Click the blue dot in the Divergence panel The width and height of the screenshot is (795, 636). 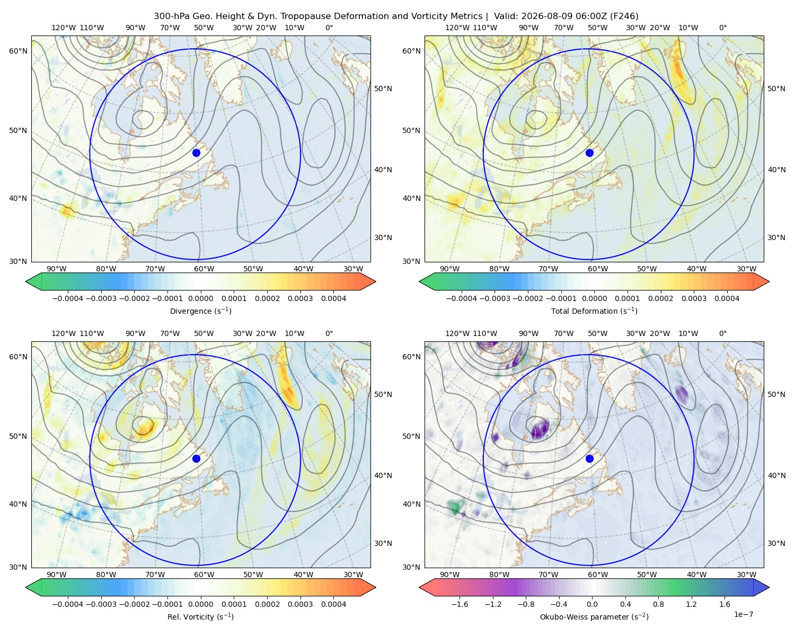pyautogui.click(x=196, y=153)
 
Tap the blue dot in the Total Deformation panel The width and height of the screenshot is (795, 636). pyautogui.click(x=589, y=153)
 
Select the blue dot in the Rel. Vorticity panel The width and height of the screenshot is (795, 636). pyautogui.click(x=196, y=458)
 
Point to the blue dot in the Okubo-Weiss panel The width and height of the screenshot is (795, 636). pyautogui.click(x=589, y=458)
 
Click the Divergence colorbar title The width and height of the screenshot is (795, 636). pyautogui.click(x=200, y=311)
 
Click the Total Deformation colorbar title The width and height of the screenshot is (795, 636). pyautogui.click(x=594, y=311)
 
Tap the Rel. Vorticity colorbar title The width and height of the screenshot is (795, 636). pyautogui.click(x=200, y=616)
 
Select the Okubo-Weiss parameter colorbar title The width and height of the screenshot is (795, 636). pyautogui.click(x=594, y=616)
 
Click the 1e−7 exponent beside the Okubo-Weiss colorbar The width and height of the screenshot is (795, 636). pyautogui.click(x=743, y=614)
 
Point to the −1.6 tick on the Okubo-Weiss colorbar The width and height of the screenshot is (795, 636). pyautogui.click(x=460, y=604)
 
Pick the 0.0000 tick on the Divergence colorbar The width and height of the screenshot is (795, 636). pyautogui.click(x=200, y=298)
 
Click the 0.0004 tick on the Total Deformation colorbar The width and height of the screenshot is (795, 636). pyautogui.click(x=727, y=298)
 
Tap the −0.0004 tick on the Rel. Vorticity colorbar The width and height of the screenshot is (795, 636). pyautogui.click(x=68, y=604)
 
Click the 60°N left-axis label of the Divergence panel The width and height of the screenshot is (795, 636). pyautogui.click(x=18, y=51)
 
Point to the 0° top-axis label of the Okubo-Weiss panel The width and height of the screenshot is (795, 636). pyautogui.click(x=722, y=333)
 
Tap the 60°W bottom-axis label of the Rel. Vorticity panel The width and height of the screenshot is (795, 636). pyautogui.click(x=204, y=575)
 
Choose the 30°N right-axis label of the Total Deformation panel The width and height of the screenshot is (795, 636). pyautogui.click(x=776, y=237)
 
